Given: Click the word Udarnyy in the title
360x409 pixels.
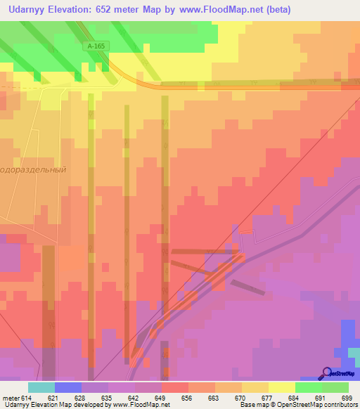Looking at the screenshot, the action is pyautogui.click(x=27, y=9).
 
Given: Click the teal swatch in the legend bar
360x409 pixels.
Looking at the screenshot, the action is pyautogui.click(x=41, y=387).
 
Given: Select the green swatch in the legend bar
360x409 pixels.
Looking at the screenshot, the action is pyautogui.click(x=308, y=387).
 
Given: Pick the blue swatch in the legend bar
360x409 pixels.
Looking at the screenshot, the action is pyautogui.click(x=68, y=387).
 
